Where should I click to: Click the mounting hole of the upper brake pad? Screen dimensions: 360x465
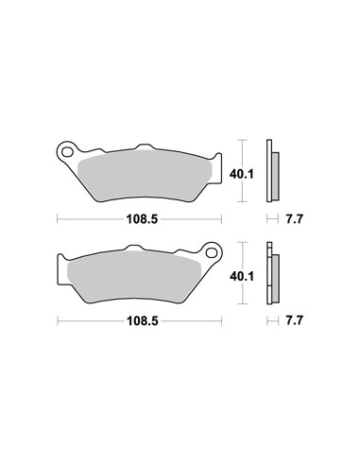point(66,152)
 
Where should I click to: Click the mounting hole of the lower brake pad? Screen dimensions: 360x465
point(212,252)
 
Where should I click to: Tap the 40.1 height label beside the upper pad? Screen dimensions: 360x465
point(241,174)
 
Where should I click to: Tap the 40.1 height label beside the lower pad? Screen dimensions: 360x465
point(242,277)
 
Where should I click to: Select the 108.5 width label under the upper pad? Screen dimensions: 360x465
point(142,219)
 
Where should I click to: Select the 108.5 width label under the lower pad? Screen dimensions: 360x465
point(142,321)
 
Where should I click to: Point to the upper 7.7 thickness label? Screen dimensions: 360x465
point(294,219)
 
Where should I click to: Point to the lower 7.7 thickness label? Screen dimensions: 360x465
point(294,321)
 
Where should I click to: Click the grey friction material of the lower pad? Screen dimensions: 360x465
point(134,277)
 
